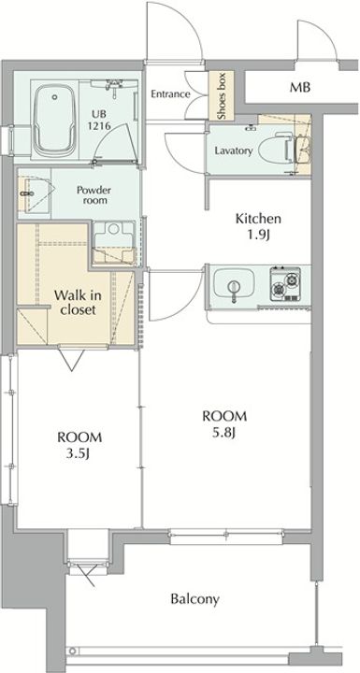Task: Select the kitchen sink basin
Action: (234, 284)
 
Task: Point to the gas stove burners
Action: (285, 284)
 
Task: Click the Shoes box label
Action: (222, 95)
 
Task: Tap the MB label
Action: (299, 88)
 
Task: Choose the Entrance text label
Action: (170, 93)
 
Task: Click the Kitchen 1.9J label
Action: (258, 226)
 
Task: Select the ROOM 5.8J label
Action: (224, 424)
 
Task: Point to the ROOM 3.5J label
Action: (79, 446)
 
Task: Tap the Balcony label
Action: (195, 599)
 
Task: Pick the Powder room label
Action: (94, 194)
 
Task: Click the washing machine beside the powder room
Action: (114, 242)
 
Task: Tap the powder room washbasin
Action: (34, 193)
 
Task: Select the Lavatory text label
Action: (233, 151)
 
